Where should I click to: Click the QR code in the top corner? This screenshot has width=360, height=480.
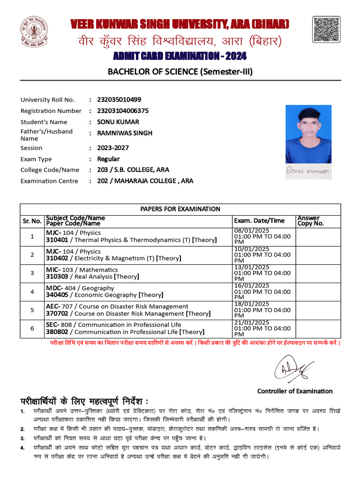326,30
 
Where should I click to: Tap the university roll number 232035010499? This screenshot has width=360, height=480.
119,99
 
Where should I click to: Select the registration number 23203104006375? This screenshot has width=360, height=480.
123,111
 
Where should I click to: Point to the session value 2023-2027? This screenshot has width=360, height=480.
112,148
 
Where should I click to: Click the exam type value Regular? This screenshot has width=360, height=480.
108,159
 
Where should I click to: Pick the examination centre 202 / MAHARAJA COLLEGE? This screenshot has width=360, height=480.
145,180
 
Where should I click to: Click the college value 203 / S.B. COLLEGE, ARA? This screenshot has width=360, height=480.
133,170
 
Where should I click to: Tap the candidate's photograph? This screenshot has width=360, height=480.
308,134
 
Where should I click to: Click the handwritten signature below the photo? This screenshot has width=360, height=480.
308,171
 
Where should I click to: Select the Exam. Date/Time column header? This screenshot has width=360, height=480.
259,221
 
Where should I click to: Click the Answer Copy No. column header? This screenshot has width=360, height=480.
311,221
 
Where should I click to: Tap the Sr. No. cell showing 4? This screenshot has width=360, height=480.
32,292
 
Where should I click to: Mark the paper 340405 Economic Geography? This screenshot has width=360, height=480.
104,295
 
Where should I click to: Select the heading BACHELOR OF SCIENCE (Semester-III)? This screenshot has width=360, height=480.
180,72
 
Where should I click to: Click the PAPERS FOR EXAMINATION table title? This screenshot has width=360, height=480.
180,209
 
